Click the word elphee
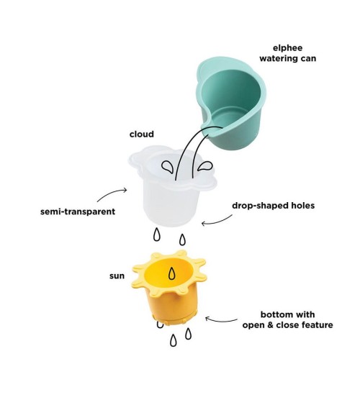pos(287,48)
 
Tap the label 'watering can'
pos(287,58)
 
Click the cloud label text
pos(142,134)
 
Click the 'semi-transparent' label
pos(78,211)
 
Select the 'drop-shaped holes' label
pos(273,206)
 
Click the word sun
pos(117,276)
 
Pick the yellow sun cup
pos(169,288)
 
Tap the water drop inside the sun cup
pos(171,273)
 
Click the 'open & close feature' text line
pos(287,325)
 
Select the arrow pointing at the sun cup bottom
pos(221,321)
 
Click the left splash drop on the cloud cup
pos(168,167)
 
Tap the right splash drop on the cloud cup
pos(204,166)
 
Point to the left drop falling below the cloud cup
pos(157,235)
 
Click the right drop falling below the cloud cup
pos(182,240)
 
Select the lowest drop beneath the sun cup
pos(174,340)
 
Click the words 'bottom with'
pos(287,314)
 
